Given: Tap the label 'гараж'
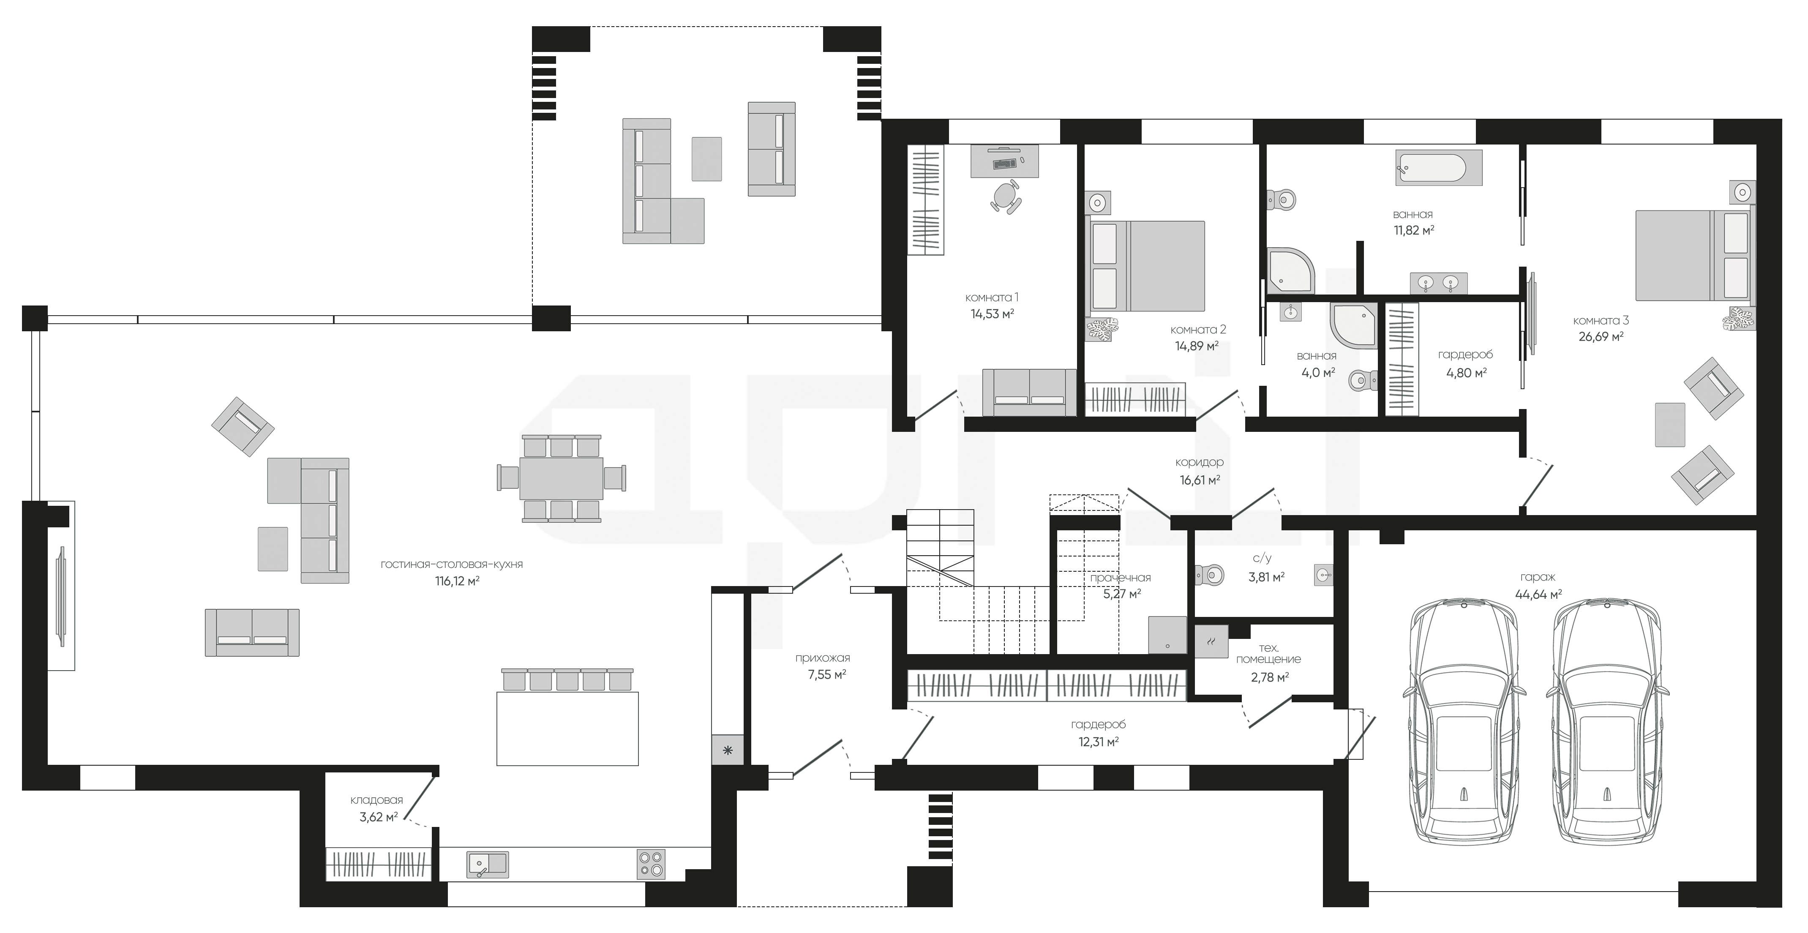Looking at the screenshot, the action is (x=1537, y=577).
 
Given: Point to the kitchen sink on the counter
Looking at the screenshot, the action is (x=488, y=864).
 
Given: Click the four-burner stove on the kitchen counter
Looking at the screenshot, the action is (x=651, y=864).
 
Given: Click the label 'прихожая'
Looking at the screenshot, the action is (x=823, y=658).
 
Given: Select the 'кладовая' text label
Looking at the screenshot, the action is (x=377, y=799).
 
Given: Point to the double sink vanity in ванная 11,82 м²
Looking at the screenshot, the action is (x=1438, y=283).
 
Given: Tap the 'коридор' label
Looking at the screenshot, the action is (x=1200, y=463).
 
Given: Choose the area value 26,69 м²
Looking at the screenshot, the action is (x=1601, y=337).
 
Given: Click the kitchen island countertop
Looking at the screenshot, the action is (x=567, y=728).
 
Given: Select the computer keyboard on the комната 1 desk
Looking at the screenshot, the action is (x=1004, y=164).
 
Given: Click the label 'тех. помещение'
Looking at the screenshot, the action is (x=1268, y=654).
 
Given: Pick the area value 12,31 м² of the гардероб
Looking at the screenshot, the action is (x=1099, y=741).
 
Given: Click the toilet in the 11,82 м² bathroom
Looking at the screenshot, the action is (x=1282, y=200).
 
